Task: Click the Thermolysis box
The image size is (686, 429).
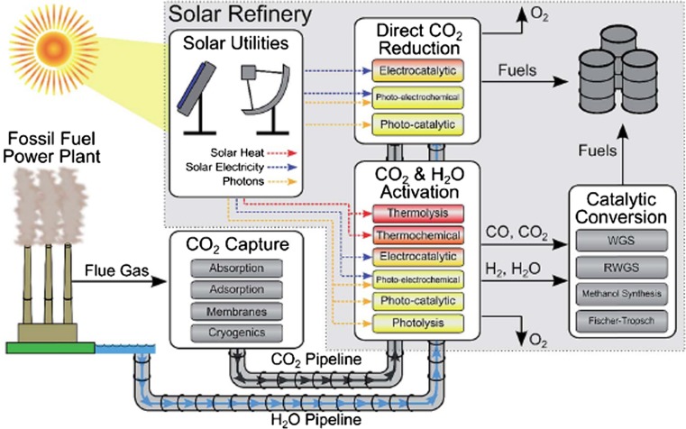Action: [x=410, y=215]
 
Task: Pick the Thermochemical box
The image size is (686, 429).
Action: [x=410, y=236]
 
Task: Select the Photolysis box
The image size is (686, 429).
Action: [x=410, y=322]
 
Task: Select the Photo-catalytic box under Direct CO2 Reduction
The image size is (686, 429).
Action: [x=410, y=121]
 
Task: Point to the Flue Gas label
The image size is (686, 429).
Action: [x=111, y=268]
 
